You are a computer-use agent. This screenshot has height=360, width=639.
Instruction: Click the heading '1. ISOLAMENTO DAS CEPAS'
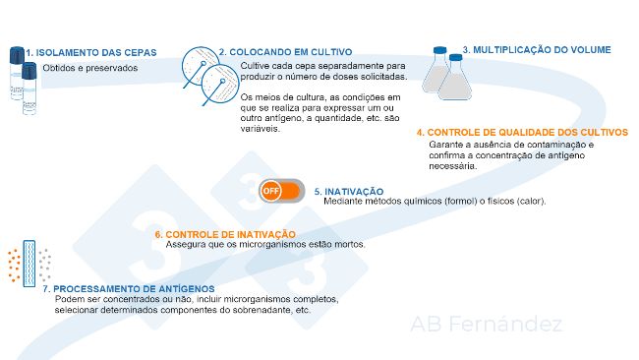pos(80,52)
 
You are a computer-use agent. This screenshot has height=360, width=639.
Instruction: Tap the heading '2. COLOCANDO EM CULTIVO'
pos(285,52)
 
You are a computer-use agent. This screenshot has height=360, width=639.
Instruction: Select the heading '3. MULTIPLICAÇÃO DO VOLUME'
pos(536,49)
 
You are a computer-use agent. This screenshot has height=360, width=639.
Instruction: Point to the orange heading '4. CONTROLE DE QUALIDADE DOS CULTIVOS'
pos(521,132)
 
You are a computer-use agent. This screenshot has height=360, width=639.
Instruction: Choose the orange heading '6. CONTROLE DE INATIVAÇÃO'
pos(225,234)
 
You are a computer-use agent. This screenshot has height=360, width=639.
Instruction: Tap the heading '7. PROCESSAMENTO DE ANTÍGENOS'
pos(117,288)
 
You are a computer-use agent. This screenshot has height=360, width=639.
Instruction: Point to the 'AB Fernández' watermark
pos(486,325)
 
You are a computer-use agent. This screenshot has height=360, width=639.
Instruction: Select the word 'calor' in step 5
pos(528,202)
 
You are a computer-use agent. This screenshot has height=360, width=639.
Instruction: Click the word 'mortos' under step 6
pos(349,244)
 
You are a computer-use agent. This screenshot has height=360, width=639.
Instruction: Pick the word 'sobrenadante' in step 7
pos(264,310)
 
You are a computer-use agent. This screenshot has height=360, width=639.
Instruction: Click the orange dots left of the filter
pos(14,263)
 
